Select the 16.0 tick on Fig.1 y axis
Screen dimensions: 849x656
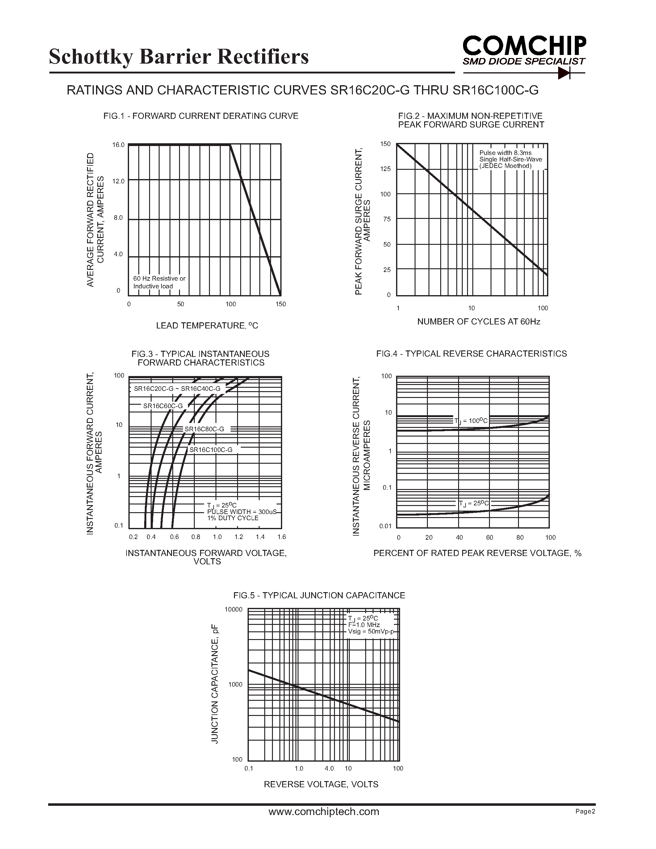118,145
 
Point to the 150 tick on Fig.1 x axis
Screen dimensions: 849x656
281,304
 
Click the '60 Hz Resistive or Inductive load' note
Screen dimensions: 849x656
159,282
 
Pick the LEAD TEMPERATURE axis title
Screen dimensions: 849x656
207,326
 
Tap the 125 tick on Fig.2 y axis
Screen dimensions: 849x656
386,169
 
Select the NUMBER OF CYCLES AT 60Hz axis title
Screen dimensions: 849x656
478,321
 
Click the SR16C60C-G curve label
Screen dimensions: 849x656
163,406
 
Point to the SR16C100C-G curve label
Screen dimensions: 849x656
211,450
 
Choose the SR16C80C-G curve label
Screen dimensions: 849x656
204,429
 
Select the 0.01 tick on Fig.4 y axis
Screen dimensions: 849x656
385,526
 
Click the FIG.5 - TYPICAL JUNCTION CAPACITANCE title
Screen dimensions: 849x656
319,595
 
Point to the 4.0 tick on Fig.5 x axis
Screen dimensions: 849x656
329,768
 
